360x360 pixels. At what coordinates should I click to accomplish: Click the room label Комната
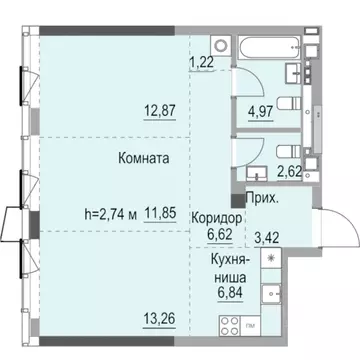(x=141, y=158)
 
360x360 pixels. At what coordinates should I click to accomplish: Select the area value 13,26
(x=158, y=320)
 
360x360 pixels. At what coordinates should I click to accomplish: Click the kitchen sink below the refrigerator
(x=270, y=294)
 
